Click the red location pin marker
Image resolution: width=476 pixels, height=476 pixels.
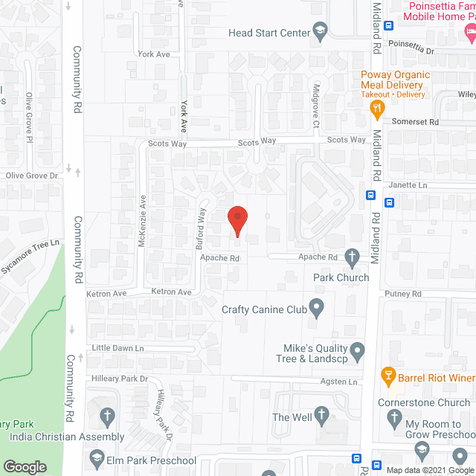point(237,218)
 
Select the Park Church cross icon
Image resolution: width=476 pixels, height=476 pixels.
point(353,258)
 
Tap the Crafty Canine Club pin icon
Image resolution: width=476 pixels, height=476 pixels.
point(317,306)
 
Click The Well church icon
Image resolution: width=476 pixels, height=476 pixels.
point(321,414)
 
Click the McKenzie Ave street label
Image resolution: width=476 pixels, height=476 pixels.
point(143,215)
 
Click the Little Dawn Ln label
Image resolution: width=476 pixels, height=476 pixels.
point(117,348)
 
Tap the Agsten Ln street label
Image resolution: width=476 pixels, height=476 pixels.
point(338,382)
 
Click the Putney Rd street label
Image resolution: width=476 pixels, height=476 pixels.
point(403,295)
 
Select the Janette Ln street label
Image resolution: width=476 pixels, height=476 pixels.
point(407,185)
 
